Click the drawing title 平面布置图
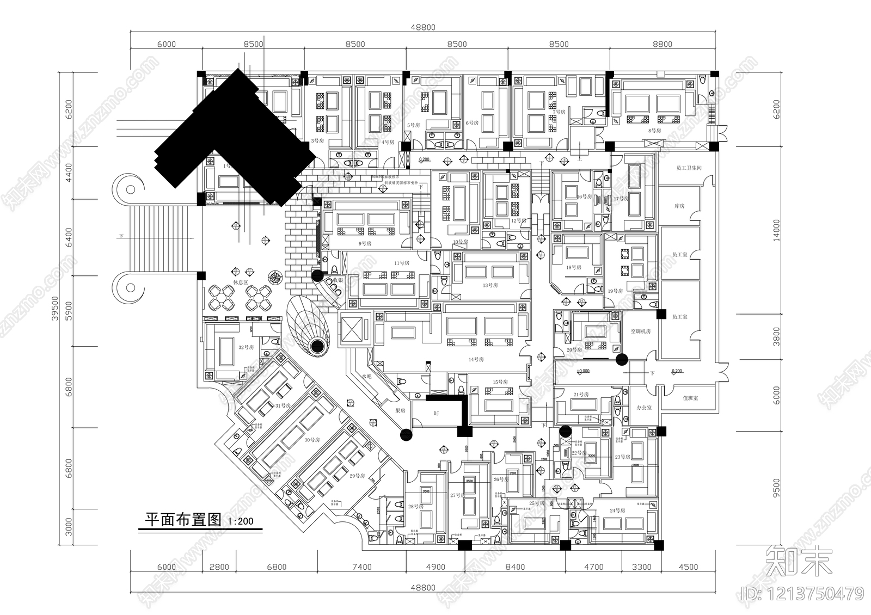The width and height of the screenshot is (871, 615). [182, 520]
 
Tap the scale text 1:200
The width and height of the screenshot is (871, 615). [240, 521]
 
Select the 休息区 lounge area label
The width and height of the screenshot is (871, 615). [241, 282]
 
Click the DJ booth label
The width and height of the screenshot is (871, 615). [436, 414]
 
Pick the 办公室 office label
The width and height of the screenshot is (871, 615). [644, 407]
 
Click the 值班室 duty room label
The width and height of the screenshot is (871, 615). [690, 398]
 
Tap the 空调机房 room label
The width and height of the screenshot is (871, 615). [641, 331]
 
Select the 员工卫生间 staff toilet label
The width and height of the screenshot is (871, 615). [689, 168]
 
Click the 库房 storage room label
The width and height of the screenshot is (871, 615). [679, 206]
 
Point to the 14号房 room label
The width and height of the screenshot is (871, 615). [476, 360]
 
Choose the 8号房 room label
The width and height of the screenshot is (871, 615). [654, 131]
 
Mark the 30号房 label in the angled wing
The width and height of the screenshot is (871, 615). [312, 440]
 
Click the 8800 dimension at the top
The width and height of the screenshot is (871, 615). [662, 44]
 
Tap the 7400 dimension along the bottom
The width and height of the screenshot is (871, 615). [361, 567]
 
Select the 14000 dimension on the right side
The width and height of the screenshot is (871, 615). [776, 230]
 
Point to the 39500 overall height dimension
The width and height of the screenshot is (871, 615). [54, 308]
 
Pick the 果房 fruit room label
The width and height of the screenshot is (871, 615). [400, 410]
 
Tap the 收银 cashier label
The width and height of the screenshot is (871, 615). [338, 280]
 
